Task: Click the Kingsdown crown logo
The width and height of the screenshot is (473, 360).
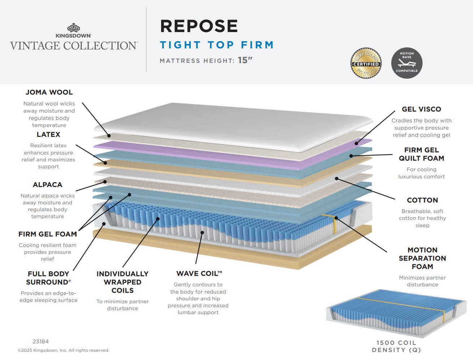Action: tap(73, 27)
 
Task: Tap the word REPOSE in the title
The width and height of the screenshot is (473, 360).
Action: tap(199, 26)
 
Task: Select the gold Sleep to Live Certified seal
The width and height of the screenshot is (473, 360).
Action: tap(366, 63)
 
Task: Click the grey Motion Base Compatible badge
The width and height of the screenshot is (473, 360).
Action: tap(407, 63)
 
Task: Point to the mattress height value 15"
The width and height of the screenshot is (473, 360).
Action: tap(245, 60)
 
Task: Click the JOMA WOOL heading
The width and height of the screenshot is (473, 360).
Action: tap(49, 92)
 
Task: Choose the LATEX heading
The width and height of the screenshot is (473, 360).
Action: tap(48, 134)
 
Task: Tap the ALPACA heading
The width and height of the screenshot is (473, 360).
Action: tap(47, 185)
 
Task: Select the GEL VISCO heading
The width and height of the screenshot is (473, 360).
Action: tap(421, 109)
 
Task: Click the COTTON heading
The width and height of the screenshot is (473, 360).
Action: tap(422, 200)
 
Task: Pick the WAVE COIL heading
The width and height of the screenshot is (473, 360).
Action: tap(199, 273)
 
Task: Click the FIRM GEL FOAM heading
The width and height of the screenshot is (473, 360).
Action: tap(48, 234)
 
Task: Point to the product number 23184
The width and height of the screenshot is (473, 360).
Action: tap(40, 342)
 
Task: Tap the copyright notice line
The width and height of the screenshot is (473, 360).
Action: tap(63, 350)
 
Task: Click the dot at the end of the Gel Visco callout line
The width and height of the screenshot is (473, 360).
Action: tap(356, 143)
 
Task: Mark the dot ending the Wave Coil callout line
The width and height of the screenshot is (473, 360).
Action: tap(202, 233)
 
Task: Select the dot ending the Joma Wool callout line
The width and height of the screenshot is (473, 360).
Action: tap(109, 136)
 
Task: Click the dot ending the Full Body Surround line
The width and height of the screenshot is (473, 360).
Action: tap(104, 224)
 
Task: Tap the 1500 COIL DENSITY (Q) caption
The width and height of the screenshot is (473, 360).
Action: tap(396, 346)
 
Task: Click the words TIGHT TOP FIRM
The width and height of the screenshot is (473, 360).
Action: tap(217, 45)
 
